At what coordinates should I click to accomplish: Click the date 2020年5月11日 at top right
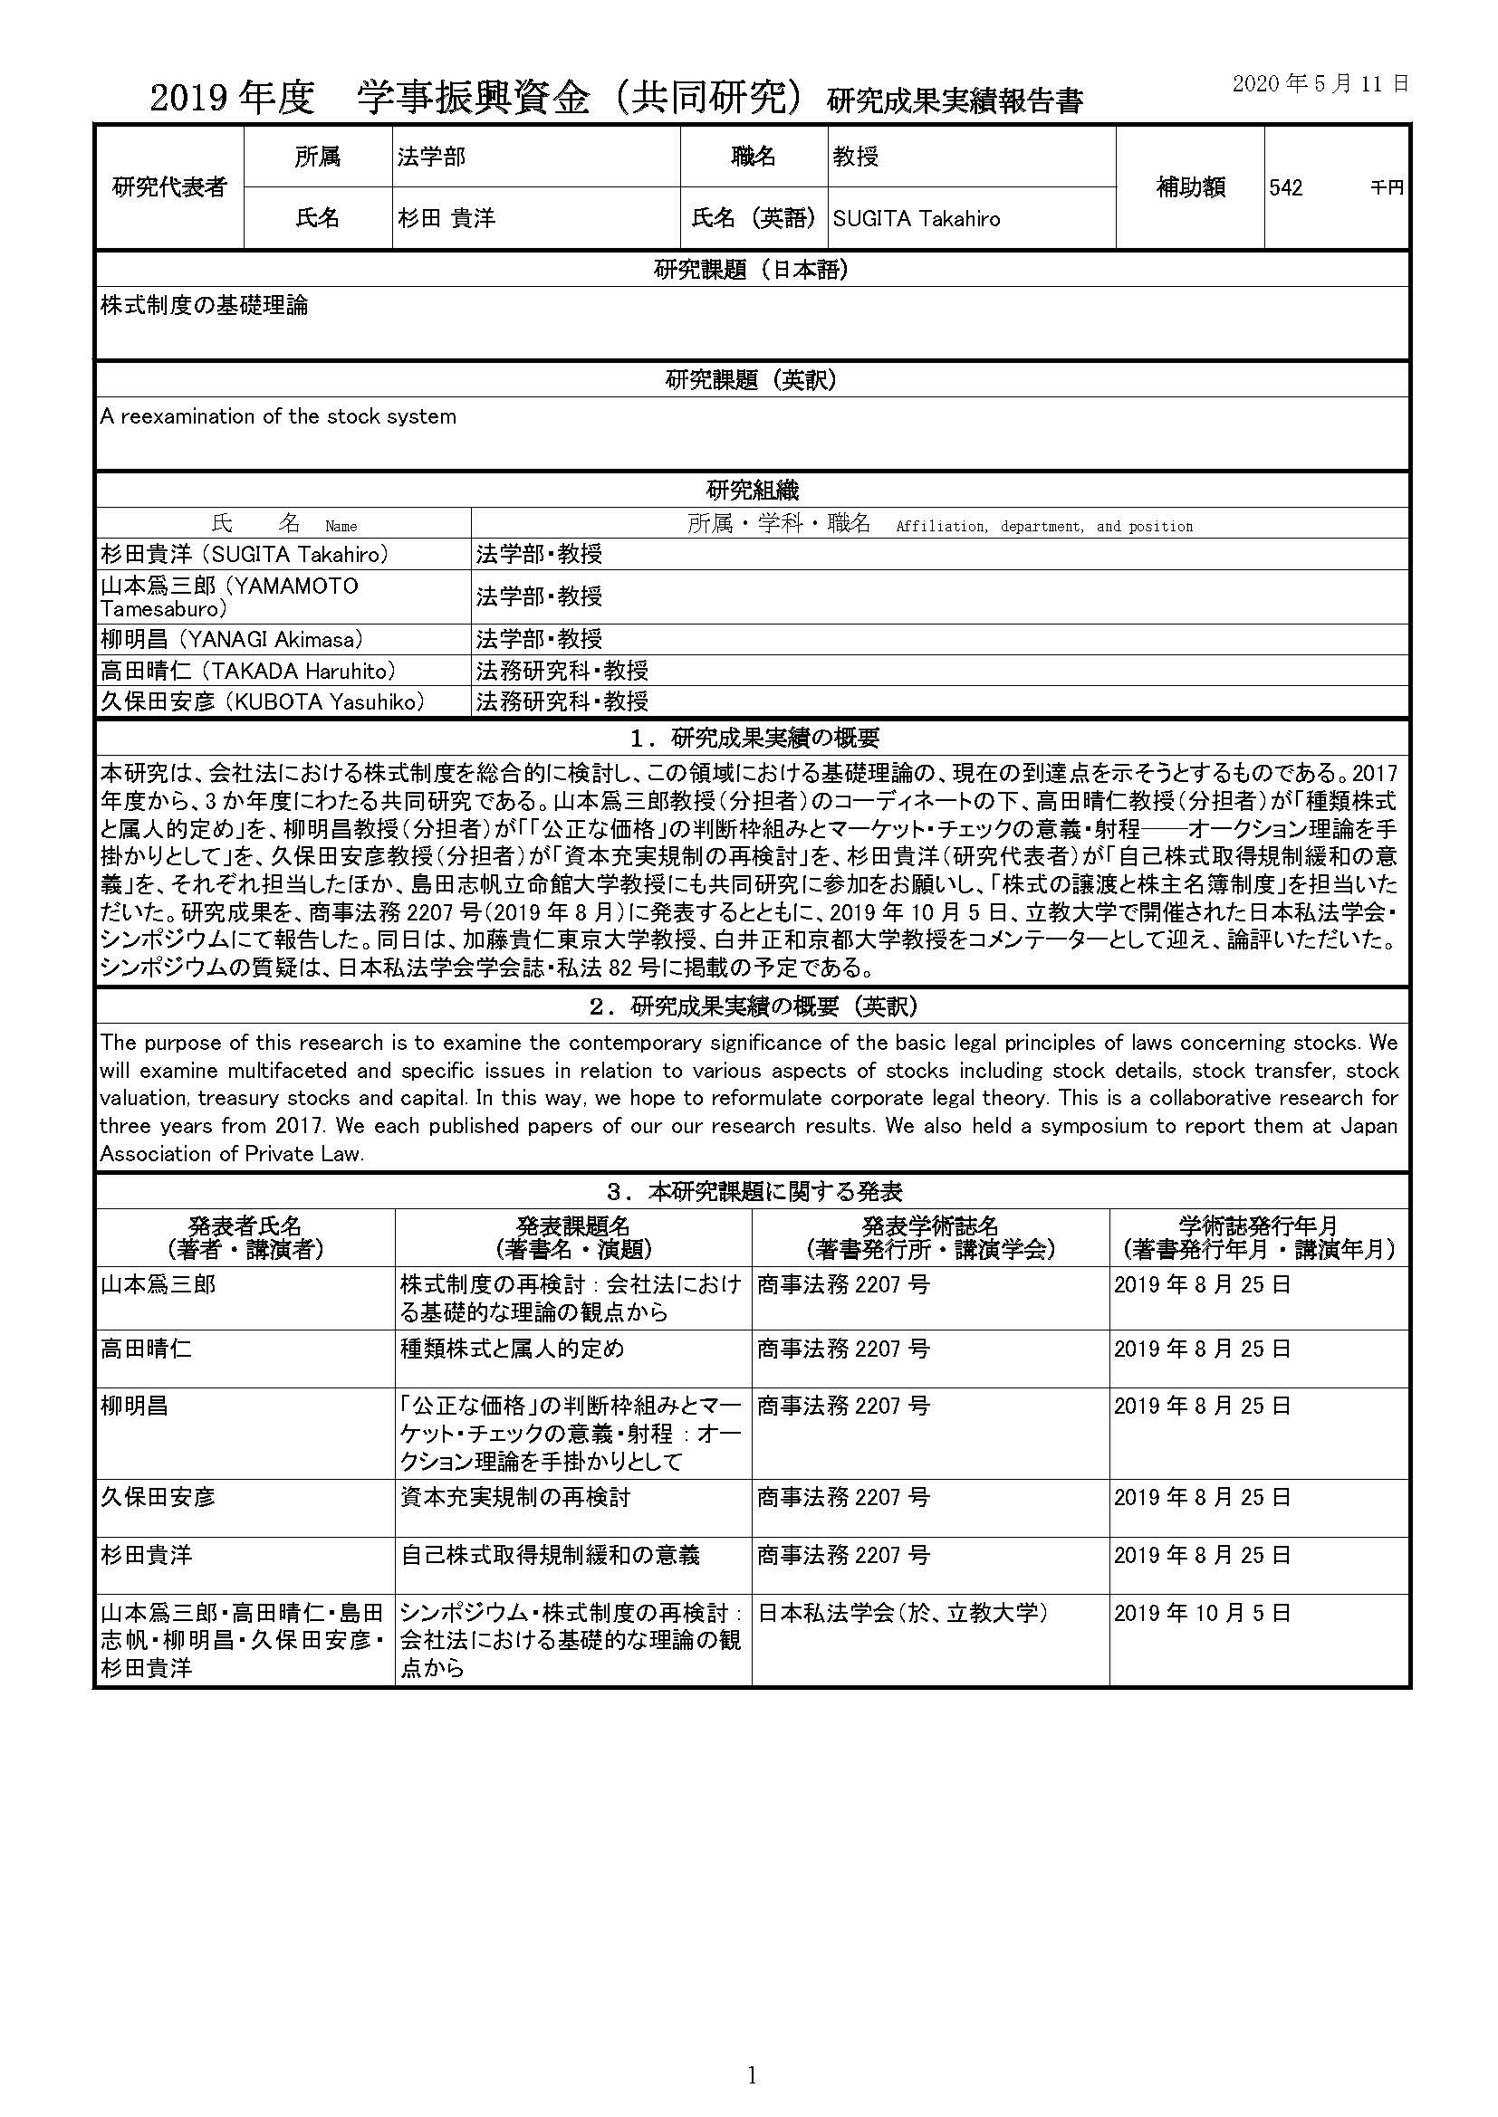point(1320,84)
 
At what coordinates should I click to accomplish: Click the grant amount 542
point(1285,188)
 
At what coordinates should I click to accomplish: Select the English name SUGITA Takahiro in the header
point(915,218)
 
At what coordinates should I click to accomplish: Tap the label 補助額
point(1190,187)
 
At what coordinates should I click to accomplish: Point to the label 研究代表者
point(168,187)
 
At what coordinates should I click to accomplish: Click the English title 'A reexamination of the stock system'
point(278,416)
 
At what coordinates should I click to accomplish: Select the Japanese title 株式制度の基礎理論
point(204,306)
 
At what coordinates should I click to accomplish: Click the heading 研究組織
point(752,490)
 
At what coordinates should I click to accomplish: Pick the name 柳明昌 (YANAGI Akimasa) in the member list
point(232,639)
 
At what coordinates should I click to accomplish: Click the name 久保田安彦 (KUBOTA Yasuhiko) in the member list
point(263,701)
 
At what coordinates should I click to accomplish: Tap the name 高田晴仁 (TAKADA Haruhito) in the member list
point(248,671)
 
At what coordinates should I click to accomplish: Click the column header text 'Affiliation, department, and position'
point(1043,527)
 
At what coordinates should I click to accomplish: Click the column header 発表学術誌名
point(930,1226)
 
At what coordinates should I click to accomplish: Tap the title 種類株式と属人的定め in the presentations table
point(512,1349)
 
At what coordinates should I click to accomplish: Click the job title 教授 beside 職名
point(856,157)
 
